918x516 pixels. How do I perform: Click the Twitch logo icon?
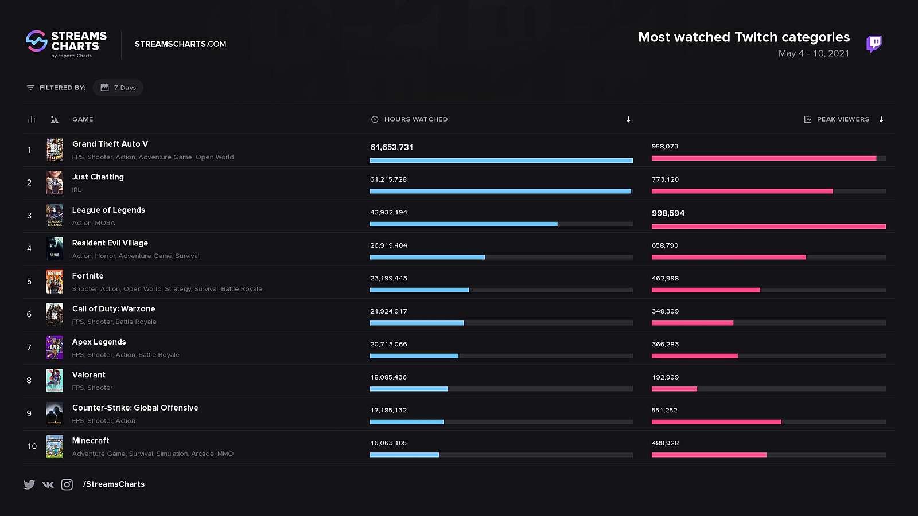874,44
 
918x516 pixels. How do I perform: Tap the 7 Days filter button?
119,88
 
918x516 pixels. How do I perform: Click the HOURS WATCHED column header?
415,119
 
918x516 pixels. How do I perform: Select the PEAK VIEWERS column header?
842,119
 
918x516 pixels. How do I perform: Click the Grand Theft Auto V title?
110,144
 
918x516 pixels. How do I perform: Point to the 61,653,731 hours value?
391,147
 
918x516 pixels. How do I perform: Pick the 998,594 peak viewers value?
668,213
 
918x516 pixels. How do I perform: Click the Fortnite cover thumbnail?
55,282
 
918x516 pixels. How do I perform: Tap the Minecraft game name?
91,441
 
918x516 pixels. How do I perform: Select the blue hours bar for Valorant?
409,389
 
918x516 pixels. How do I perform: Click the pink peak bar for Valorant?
674,389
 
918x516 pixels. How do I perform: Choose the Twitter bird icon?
29,484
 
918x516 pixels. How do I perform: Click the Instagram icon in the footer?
67,484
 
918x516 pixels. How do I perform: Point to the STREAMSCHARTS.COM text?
180,44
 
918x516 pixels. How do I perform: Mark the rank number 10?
32,447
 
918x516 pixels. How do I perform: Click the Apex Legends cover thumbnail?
55,347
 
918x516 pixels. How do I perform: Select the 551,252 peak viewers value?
664,411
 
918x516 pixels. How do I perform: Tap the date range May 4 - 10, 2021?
814,53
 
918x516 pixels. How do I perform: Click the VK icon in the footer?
48,484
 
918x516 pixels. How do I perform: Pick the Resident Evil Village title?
110,243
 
